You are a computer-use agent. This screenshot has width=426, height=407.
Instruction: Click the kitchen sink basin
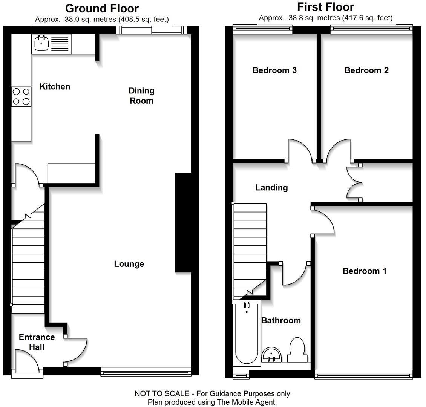41,43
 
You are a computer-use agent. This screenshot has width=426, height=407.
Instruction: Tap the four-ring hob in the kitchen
21,96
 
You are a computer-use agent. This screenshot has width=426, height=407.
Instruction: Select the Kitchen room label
55,87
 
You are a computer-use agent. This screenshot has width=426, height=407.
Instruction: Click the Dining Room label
141,96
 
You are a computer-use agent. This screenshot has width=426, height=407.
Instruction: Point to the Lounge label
129,264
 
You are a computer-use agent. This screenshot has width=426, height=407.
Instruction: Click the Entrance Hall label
37,342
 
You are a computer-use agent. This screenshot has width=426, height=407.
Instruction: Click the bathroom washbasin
271,354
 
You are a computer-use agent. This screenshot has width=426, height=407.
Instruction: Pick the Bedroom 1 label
364,271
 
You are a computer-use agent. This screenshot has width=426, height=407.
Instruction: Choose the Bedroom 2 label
366,70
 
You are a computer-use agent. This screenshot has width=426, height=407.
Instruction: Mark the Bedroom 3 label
274,70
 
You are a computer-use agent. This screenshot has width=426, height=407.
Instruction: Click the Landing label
271,188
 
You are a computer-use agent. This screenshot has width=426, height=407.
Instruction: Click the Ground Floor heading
102,8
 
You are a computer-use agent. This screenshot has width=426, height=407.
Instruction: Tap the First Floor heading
325,7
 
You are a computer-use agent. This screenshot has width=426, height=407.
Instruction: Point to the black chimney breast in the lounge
184,222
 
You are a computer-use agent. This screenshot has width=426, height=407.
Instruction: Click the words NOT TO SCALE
162,394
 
